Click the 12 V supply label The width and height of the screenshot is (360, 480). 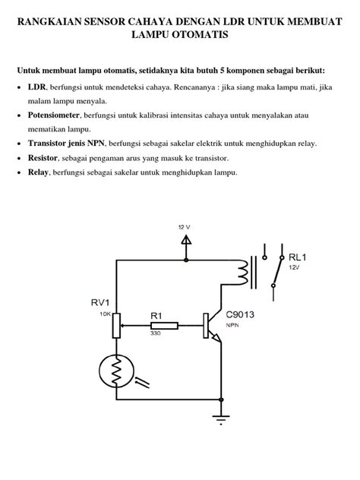pyautogui.click(x=185, y=226)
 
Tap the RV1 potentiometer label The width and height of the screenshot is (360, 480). pyautogui.click(x=102, y=302)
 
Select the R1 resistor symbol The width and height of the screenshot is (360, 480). pyautogui.click(x=165, y=326)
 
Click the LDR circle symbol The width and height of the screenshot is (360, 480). pyautogui.click(x=115, y=372)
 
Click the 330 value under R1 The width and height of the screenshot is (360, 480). pyautogui.click(x=155, y=334)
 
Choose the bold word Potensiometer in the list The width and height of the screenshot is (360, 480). pyautogui.click(x=58, y=115)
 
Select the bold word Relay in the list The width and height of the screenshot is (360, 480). pyautogui.click(x=39, y=172)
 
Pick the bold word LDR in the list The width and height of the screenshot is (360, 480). pyautogui.click(x=36, y=87)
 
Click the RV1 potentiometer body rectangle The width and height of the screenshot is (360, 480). pyautogui.click(x=116, y=326)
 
